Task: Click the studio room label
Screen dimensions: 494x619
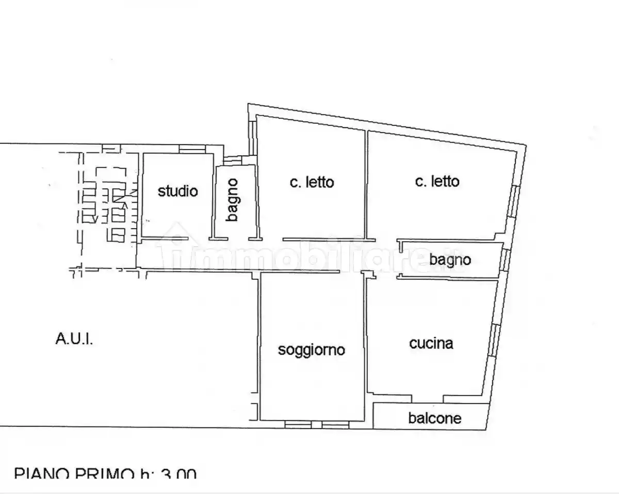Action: [177, 192]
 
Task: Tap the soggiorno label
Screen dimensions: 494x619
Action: [312, 350]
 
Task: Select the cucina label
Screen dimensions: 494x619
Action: [431, 343]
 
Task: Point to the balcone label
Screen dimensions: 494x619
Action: [435, 418]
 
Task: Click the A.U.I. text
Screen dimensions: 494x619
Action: [74, 339]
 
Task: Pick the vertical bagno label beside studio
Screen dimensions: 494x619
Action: [233, 200]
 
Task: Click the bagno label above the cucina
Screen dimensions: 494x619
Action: [450, 259]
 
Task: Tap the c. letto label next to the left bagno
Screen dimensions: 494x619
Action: [312, 182]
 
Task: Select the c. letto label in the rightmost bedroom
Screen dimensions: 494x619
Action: [437, 181]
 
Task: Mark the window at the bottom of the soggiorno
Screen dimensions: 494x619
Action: [317, 424]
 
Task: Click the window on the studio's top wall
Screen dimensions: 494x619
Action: [192, 149]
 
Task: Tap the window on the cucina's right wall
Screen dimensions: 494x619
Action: [494, 341]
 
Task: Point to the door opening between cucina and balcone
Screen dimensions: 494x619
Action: [428, 399]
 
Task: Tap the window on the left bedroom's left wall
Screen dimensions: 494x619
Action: [252, 137]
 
